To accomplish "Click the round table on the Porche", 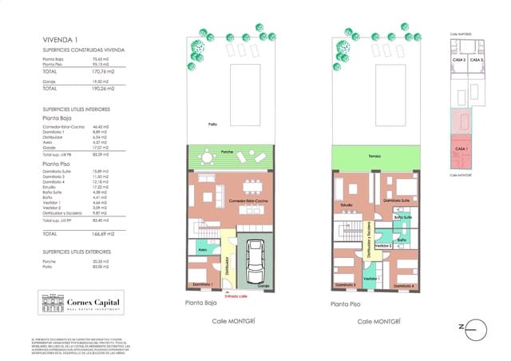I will point(207,156).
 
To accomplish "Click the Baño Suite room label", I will point(402,217).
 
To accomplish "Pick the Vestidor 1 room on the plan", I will point(370,277).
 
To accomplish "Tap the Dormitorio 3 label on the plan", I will point(345,285).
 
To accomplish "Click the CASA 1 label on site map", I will point(461,149).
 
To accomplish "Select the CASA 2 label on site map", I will point(458,61).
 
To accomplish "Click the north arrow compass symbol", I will point(472,326).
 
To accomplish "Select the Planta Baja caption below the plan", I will point(203,304).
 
